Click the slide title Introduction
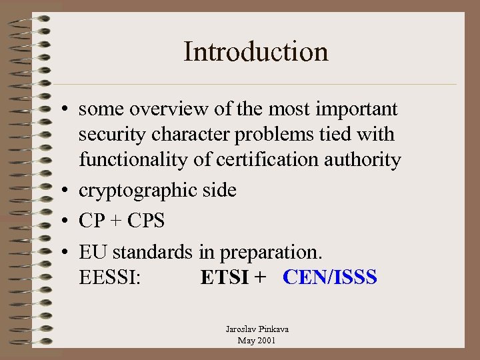[x=256, y=51]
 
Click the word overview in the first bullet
[x=162, y=109]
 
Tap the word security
[x=109, y=135]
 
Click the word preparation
[x=271, y=253]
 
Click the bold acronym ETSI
[x=225, y=277]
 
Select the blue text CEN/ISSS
[x=330, y=277]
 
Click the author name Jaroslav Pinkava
[x=257, y=329]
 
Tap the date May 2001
[x=257, y=341]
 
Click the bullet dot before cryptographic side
[x=69, y=191]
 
